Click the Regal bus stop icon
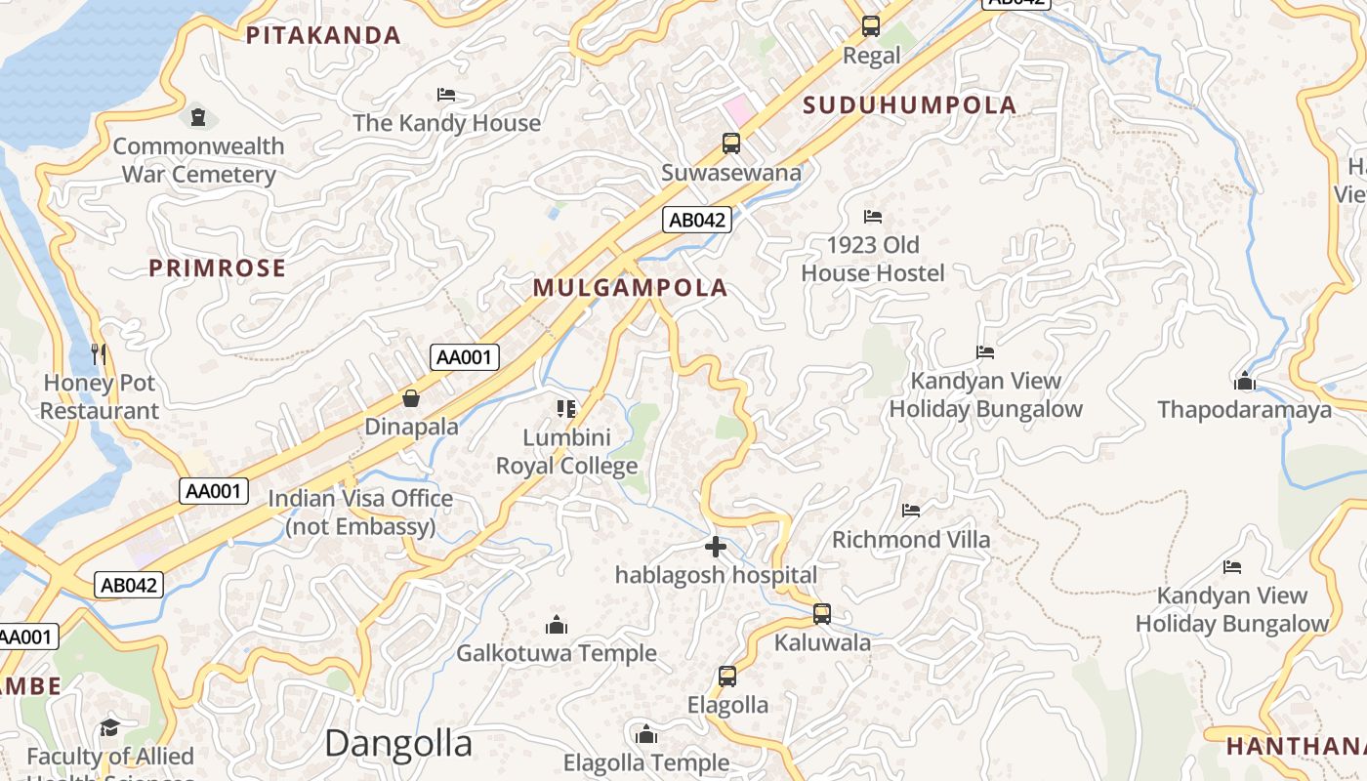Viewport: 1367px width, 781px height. [870, 26]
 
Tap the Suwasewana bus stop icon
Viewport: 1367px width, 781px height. [731, 144]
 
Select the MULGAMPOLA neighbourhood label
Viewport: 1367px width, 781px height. [631, 287]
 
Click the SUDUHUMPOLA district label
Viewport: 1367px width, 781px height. [909, 105]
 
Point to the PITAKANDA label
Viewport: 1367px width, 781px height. [323, 36]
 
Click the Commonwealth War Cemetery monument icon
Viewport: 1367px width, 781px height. [198, 118]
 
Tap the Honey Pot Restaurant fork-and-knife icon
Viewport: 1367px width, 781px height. [99, 353]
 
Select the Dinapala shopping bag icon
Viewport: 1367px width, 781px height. [411, 398]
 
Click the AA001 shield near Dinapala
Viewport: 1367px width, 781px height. [465, 357]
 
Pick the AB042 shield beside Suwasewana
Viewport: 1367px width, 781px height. [697, 220]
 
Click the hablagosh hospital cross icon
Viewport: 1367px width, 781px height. [716, 547]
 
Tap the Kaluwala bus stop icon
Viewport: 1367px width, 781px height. [822, 614]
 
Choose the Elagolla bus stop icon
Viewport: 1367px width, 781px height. [727, 676]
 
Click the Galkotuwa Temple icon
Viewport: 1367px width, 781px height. [557, 624]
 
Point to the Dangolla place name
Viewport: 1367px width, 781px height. [398, 744]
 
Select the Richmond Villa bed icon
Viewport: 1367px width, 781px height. [910, 510]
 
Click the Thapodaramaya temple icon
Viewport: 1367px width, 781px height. [1245, 381]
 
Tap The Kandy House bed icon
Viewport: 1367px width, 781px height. [446, 95]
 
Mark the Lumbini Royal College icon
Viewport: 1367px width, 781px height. [566, 408]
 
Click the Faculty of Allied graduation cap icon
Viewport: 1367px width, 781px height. [109, 727]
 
